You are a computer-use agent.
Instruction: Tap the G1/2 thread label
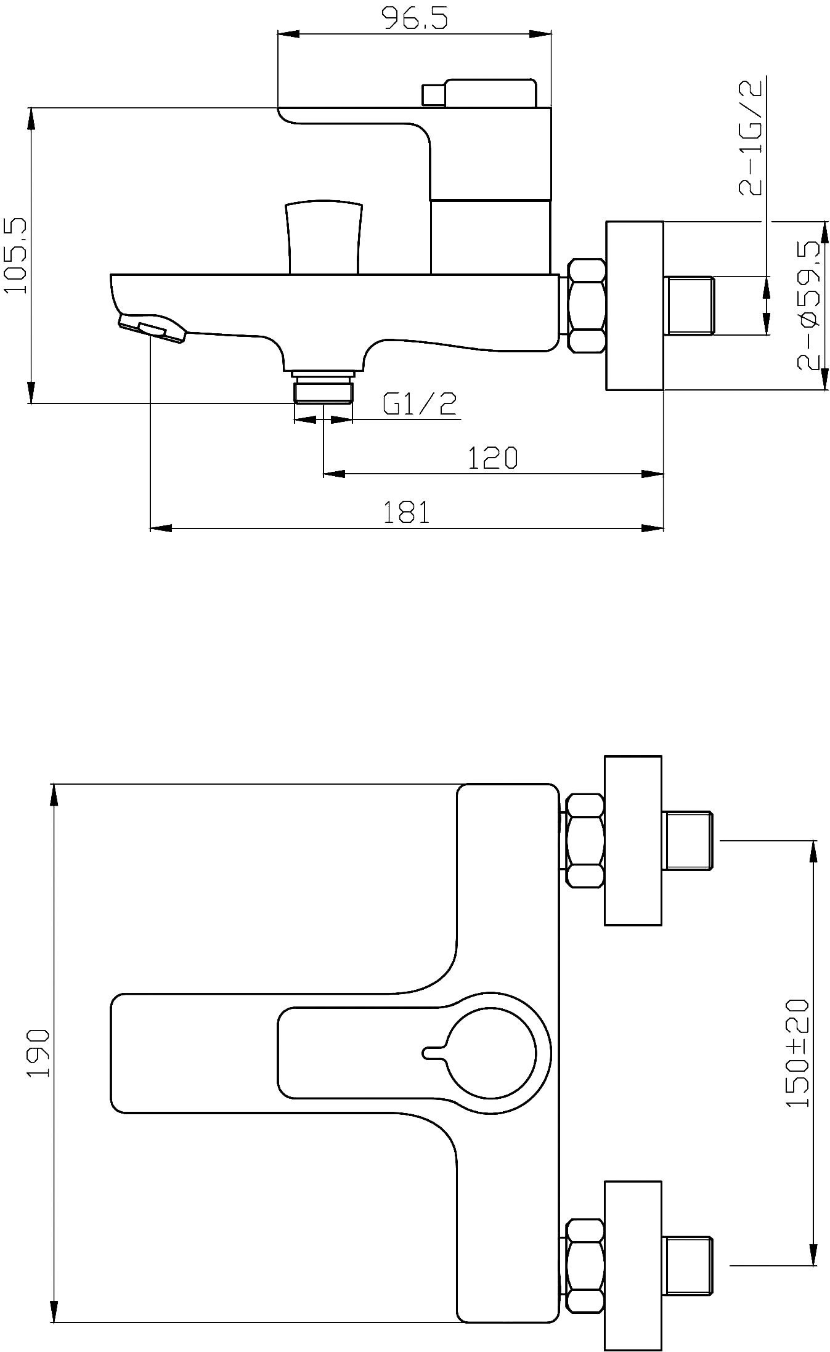point(420,404)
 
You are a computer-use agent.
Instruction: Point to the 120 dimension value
point(492,458)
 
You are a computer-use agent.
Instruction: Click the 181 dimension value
point(406,512)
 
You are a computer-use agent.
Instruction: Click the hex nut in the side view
point(587,306)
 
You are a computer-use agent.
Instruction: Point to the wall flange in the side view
point(635,306)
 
